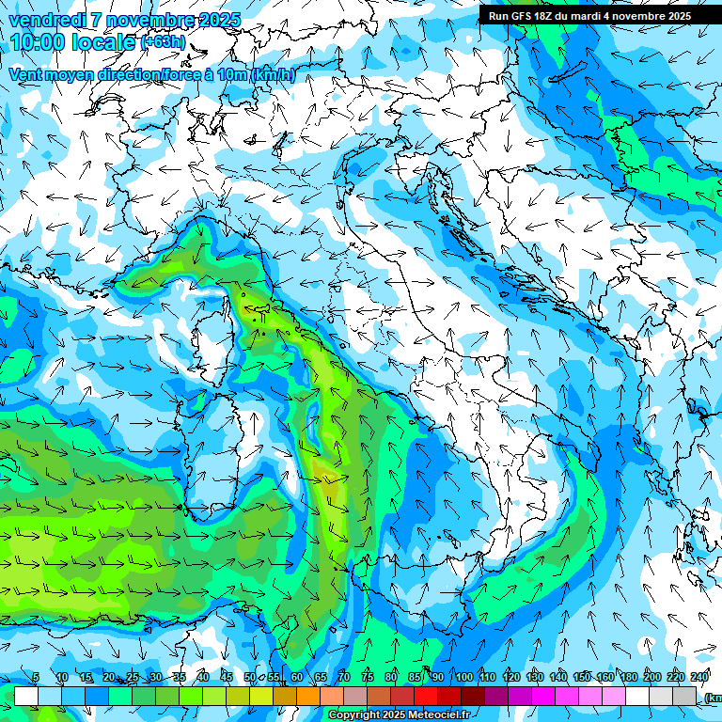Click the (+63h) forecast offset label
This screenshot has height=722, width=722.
[163, 42]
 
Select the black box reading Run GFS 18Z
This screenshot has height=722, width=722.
[589, 15]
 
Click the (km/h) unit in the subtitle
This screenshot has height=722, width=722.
[274, 75]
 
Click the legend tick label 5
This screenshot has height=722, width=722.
[36, 677]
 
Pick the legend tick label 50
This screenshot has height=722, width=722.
[250, 677]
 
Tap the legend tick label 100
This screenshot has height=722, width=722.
[463, 677]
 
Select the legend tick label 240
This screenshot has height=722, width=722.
[698, 677]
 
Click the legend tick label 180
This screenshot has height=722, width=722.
[628, 677]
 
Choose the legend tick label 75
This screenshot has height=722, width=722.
[368, 677]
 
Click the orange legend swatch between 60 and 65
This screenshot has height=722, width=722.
[308, 696]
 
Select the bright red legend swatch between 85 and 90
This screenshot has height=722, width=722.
[426, 696]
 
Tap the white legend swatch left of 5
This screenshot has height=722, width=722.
[26, 696]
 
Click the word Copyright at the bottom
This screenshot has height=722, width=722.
[355, 715]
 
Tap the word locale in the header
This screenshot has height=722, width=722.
[102, 41]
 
